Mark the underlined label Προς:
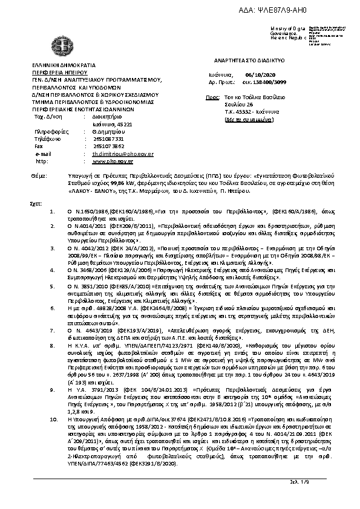coord(212,97)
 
